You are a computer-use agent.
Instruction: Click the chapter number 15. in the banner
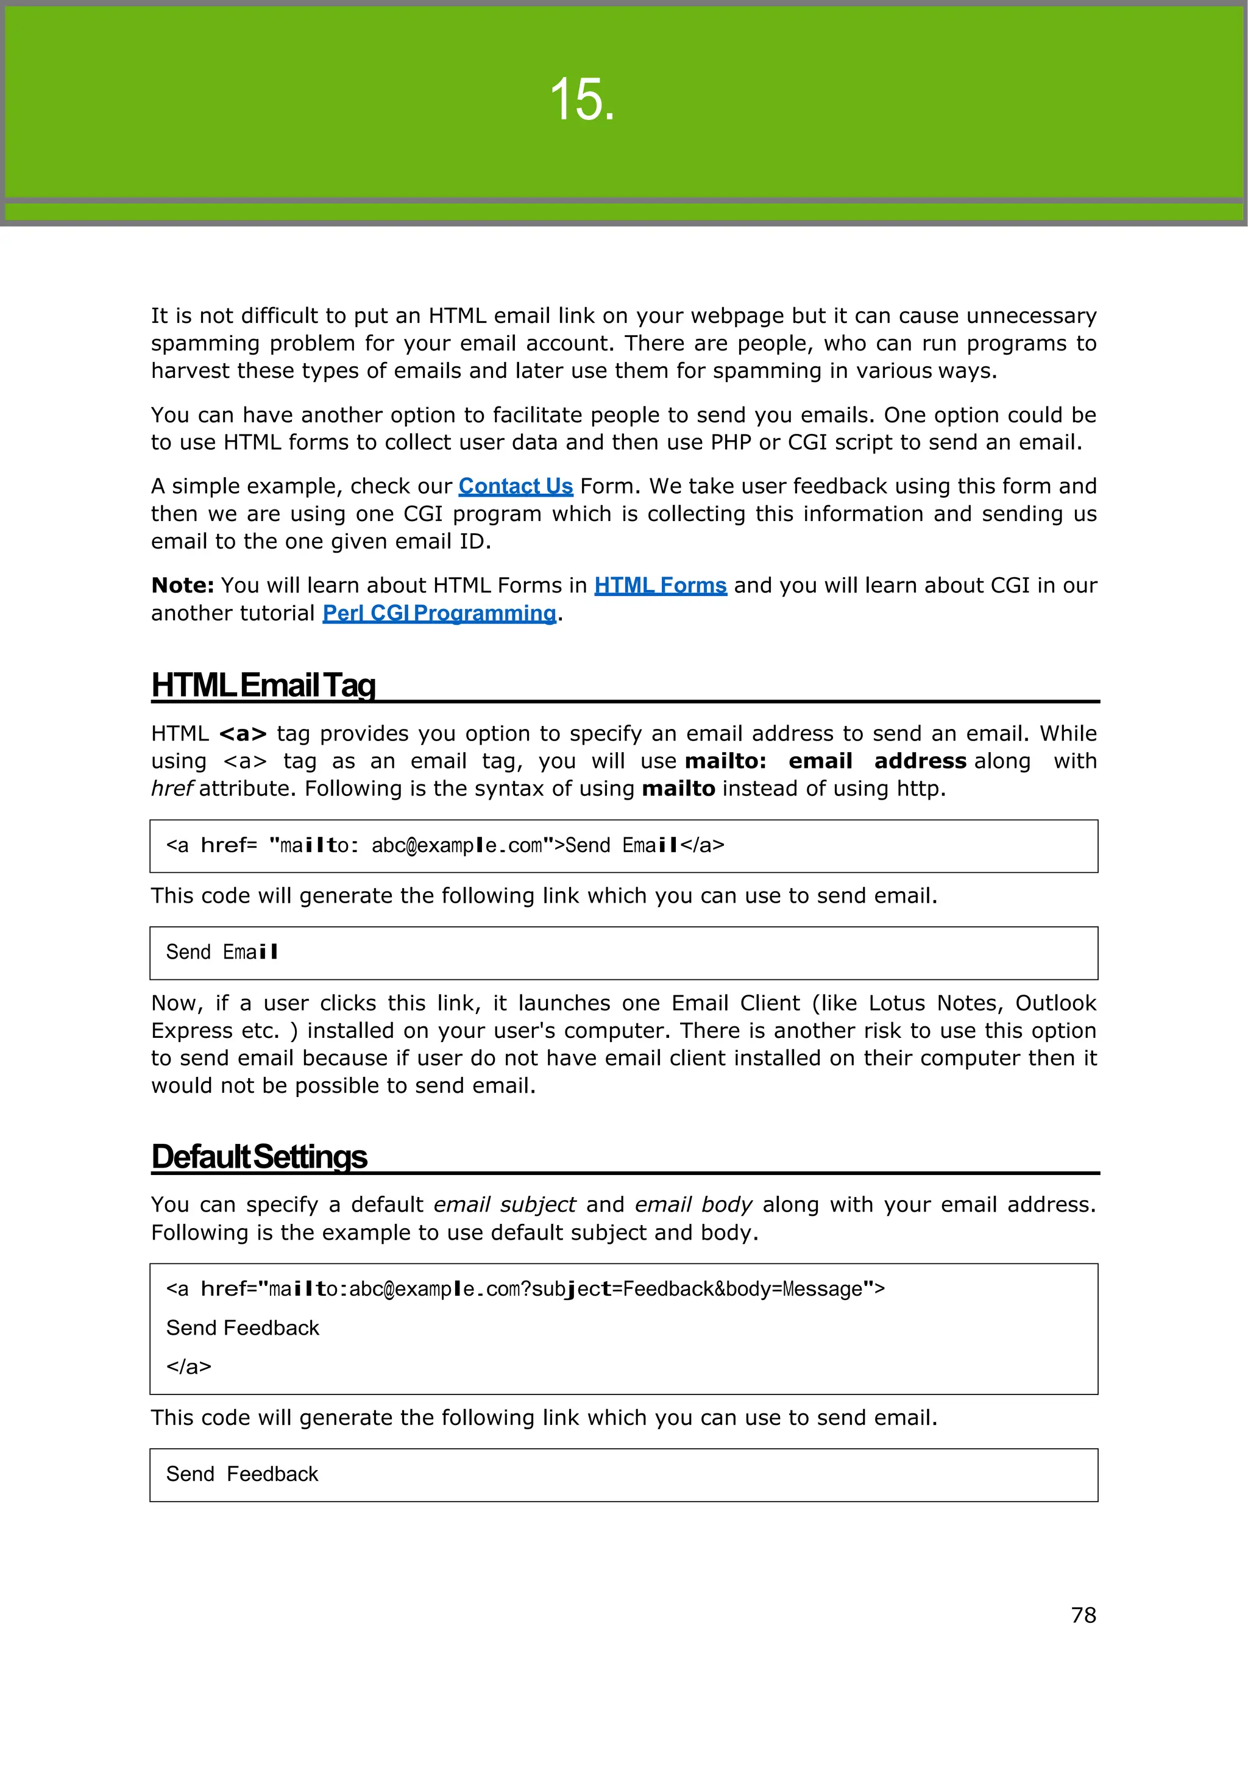coord(582,100)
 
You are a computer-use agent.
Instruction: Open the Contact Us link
coord(516,486)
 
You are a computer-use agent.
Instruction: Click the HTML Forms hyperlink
coord(660,586)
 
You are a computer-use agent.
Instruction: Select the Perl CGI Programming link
coord(439,614)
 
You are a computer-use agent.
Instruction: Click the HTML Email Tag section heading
coord(264,685)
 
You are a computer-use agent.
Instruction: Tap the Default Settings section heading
coord(259,1156)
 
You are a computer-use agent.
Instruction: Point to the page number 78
coord(1083,1615)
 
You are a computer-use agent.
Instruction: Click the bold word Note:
coord(182,586)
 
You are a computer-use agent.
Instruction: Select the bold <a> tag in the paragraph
coord(243,734)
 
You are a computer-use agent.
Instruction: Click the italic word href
coord(171,789)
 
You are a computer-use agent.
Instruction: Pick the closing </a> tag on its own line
coord(188,1367)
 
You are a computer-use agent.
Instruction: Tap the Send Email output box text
coord(221,953)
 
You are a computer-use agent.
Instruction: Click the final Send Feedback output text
coord(241,1474)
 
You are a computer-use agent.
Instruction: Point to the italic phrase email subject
coord(504,1204)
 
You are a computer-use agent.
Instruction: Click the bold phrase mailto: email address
coord(824,761)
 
